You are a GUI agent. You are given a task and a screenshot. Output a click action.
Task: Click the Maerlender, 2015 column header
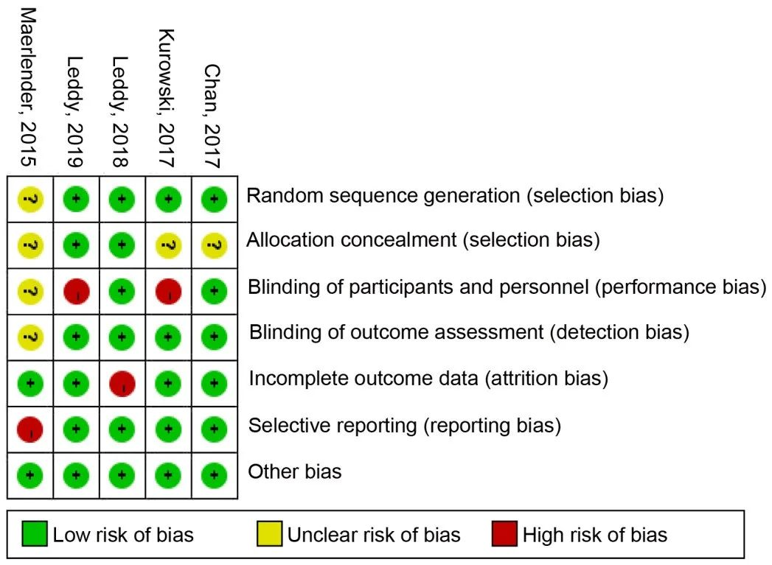(29, 88)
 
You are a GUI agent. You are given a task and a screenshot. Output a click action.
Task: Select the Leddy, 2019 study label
(74, 112)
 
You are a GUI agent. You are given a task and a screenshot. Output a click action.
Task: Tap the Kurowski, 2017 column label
(167, 98)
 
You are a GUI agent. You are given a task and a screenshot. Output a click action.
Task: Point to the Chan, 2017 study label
(212, 116)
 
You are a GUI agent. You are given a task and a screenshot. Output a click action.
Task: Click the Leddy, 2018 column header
(121, 112)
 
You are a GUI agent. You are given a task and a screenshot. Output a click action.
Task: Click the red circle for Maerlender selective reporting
(30, 429)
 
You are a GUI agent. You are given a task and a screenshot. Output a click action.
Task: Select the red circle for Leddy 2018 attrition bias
(122, 384)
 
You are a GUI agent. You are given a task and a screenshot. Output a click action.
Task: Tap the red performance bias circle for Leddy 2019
(76, 292)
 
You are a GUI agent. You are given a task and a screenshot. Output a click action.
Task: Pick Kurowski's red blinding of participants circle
(168, 292)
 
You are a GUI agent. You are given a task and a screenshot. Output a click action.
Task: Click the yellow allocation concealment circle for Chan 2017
(214, 245)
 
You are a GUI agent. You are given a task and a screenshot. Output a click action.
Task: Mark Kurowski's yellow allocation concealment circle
(168, 245)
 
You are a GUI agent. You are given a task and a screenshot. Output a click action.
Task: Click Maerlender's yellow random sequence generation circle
(30, 200)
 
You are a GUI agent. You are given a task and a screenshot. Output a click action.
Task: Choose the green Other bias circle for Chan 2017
(214, 476)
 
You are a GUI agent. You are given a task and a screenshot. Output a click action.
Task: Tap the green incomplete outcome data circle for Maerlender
(30, 384)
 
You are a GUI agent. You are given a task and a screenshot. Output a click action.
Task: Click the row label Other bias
(294, 471)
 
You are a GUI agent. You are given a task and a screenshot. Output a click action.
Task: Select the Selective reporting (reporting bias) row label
(405, 426)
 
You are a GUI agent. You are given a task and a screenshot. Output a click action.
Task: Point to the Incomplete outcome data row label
(428, 379)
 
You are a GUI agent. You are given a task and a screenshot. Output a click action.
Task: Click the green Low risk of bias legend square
(35, 534)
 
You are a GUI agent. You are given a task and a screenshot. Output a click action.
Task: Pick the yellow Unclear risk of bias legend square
(269, 534)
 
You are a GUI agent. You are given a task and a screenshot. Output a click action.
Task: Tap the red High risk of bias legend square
(504, 534)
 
